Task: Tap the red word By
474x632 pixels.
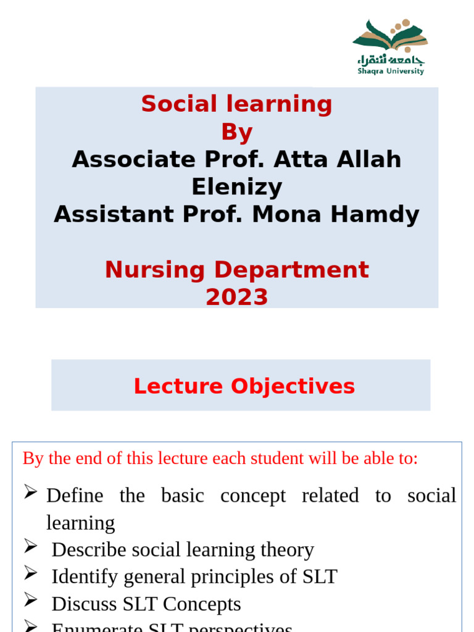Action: (x=236, y=132)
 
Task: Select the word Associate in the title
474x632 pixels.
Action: (x=128, y=159)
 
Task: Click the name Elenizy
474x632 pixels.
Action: (x=236, y=186)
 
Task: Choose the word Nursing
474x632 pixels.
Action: (x=154, y=270)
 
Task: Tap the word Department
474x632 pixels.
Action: (x=290, y=270)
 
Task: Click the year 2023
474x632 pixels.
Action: (x=236, y=297)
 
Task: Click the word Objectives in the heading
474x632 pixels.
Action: (x=293, y=386)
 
